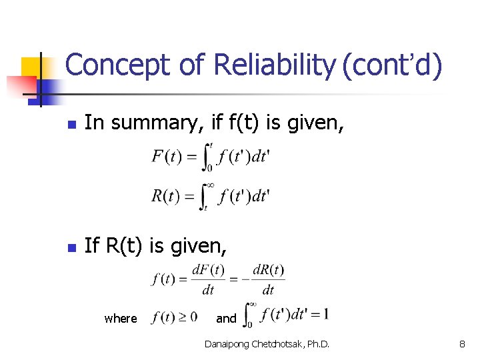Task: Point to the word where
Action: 121,319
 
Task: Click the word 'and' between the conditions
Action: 226,319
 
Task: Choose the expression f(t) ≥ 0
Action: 175,317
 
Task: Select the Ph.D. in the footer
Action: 317,344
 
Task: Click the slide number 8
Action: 461,344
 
